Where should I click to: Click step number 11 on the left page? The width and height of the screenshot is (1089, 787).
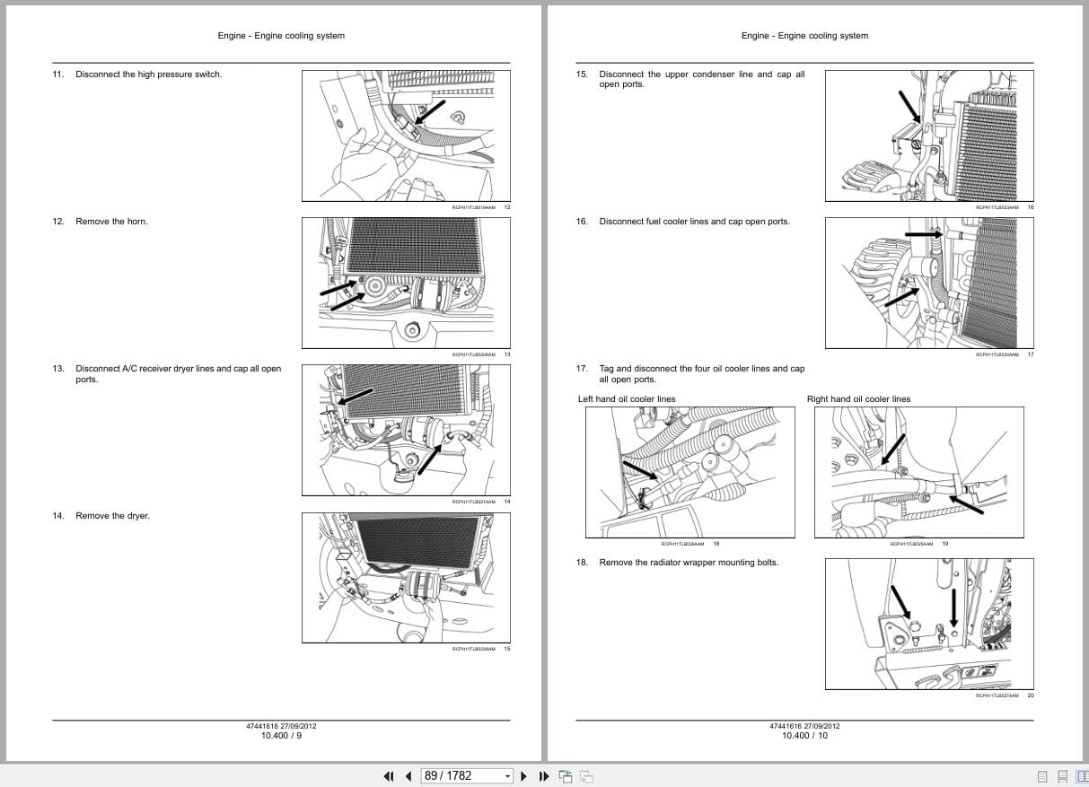pos(57,74)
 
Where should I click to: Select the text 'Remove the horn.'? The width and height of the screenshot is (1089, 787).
pos(111,222)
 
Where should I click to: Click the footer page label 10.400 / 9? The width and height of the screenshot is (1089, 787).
pos(281,736)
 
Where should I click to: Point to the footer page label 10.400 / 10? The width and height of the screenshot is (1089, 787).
pos(804,736)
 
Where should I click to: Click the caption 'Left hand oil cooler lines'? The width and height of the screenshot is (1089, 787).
pos(627,399)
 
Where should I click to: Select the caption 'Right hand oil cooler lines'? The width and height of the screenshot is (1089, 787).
pos(858,399)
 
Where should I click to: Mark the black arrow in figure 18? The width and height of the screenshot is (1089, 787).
pos(639,471)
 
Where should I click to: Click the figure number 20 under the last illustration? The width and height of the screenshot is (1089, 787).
pos(1031,695)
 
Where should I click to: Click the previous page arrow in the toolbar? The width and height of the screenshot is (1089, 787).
pos(408,776)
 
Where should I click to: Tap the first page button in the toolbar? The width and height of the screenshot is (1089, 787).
pos(389,776)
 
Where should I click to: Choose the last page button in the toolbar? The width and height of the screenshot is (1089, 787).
pos(543,776)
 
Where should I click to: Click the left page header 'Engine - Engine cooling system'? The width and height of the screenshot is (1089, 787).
pos(281,36)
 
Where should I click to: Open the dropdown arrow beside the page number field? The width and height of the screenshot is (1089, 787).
pos(507,776)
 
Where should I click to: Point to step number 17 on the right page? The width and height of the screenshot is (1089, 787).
pos(582,369)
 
